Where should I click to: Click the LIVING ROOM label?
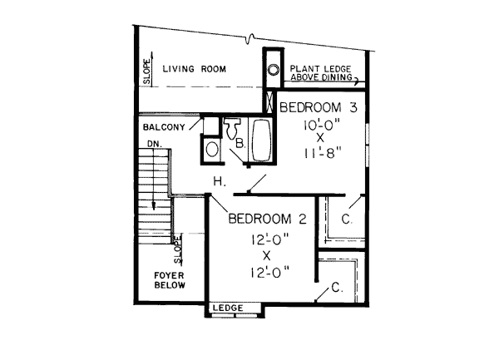(x=194, y=69)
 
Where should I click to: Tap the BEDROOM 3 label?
(x=319, y=107)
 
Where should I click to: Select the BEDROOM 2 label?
(x=268, y=219)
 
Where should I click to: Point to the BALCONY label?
(x=164, y=127)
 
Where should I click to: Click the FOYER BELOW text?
(x=170, y=280)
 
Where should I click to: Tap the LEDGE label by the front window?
(x=228, y=308)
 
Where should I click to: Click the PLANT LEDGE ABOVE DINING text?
(x=321, y=73)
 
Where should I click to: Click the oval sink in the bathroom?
(x=211, y=149)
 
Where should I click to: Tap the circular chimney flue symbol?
(x=273, y=69)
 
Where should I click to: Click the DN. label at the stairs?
(x=155, y=144)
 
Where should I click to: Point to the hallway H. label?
(x=220, y=181)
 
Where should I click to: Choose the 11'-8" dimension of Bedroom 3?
(x=322, y=153)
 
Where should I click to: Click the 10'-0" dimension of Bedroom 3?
(x=322, y=125)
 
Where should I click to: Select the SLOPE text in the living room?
(x=146, y=72)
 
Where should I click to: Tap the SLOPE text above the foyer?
(x=177, y=249)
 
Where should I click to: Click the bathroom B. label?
(x=240, y=144)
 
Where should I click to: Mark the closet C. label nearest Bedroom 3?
(x=347, y=219)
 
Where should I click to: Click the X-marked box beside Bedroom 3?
(x=269, y=101)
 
